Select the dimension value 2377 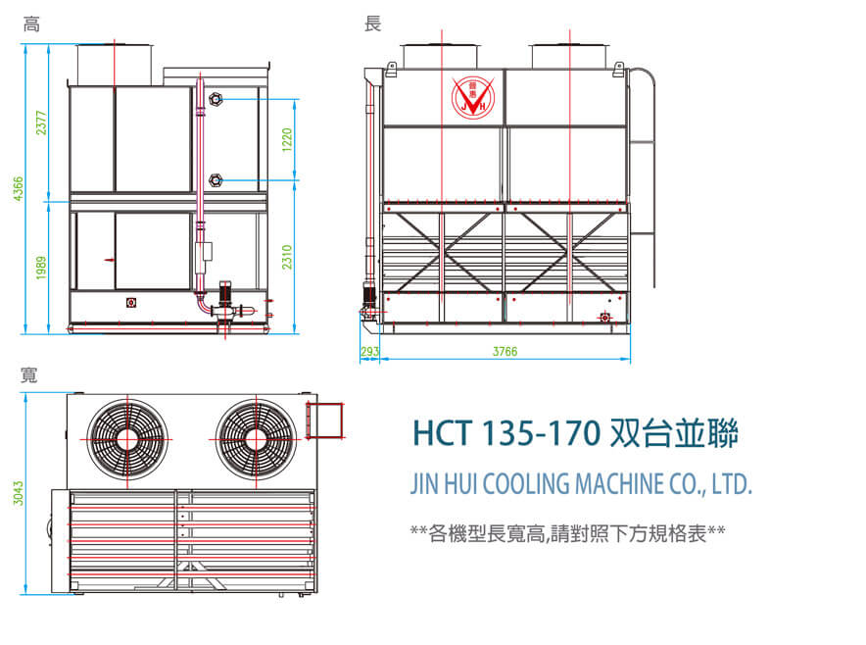41,122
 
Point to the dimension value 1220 287,139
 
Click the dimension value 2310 287,257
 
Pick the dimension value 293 369,351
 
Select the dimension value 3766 505,351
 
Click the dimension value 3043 17,493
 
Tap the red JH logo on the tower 475,96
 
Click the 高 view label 31,24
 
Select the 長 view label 372,24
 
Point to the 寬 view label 29,374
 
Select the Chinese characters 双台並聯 673,432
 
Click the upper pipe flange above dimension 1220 216,99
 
